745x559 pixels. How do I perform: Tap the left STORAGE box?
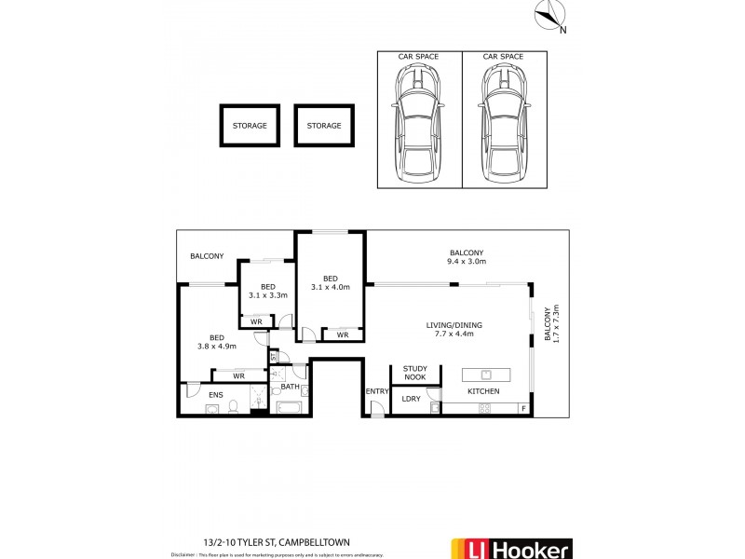coord(250,125)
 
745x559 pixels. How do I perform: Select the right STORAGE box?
coord(324,125)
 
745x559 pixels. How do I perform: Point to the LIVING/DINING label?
coord(454,325)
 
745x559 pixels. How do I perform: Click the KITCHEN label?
coord(483,391)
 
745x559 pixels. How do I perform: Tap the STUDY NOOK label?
coord(414,373)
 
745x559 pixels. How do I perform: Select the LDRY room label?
coord(411,399)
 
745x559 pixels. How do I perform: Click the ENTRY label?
coord(376,391)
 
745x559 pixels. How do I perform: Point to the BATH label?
coord(290,387)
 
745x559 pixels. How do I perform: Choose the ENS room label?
coord(215,396)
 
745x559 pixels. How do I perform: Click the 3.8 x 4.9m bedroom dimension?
coord(216,347)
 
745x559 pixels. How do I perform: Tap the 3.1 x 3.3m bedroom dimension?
coord(268,295)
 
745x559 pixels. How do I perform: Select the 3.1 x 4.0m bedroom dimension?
coord(331,287)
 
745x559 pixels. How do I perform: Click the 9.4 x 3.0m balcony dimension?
coord(467,262)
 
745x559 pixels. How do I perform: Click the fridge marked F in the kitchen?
coord(523,409)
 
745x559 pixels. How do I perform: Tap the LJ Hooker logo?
coord(510,548)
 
